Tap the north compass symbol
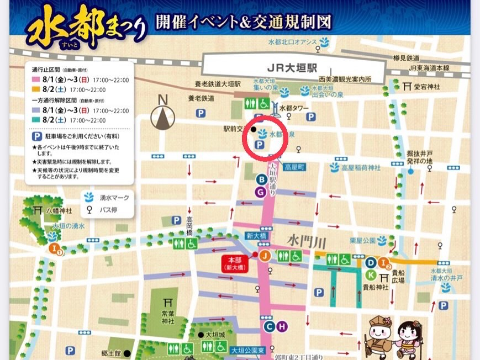point(163,115)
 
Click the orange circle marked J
point(265,255)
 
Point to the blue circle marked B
point(262,179)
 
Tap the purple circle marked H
point(282,327)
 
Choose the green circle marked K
point(371,275)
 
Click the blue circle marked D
point(371,262)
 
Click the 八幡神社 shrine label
point(59,211)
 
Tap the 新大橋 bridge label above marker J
point(256,236)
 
